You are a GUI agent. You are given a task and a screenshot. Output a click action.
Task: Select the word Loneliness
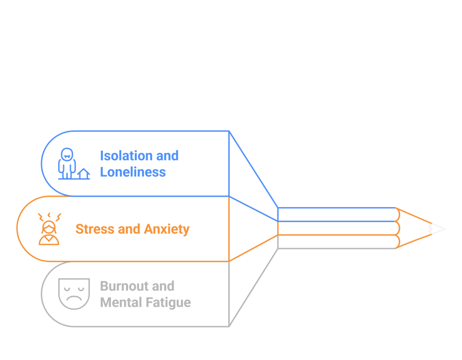pyautogui.click(x=133, y=172)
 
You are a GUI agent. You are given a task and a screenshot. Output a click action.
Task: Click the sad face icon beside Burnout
pyautogui.click(x=74, y=294)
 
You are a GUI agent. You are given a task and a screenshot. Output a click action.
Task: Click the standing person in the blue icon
pyautogui.click(x=67, y=162)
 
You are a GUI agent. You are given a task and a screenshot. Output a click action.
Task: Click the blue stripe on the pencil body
pyautogui.click(x=336, y=214)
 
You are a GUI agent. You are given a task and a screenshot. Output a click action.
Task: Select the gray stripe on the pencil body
pyautogui.click(x=336, y=242)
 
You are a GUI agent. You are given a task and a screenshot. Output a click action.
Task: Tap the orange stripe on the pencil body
pyautogui.click(x=336, y=228)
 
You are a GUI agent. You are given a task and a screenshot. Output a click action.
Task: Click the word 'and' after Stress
pyautogui.click(x=129, y=229)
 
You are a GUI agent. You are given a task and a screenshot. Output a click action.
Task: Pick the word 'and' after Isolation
pyautogui.click(x=167, y=156)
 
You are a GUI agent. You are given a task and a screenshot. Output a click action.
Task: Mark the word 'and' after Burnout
pyautogui.click(x=163, y=286)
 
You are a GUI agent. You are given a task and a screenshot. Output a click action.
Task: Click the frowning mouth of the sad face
pyautogui.click(x=74, y=299)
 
